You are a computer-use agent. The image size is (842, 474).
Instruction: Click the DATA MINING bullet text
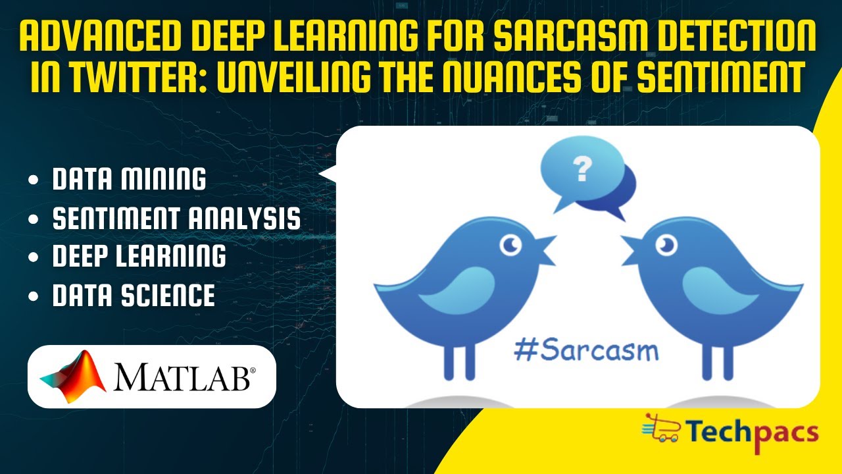coord(129,179)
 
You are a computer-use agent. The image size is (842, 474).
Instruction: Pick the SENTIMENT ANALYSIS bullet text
coord(176,218)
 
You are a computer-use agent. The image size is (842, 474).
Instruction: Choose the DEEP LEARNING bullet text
coord(139,257)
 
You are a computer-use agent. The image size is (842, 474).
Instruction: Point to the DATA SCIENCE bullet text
coord(134,296)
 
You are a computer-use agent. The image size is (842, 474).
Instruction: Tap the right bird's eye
coord(667,246)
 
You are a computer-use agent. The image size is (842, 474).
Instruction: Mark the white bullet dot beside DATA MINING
coord(34,180)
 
